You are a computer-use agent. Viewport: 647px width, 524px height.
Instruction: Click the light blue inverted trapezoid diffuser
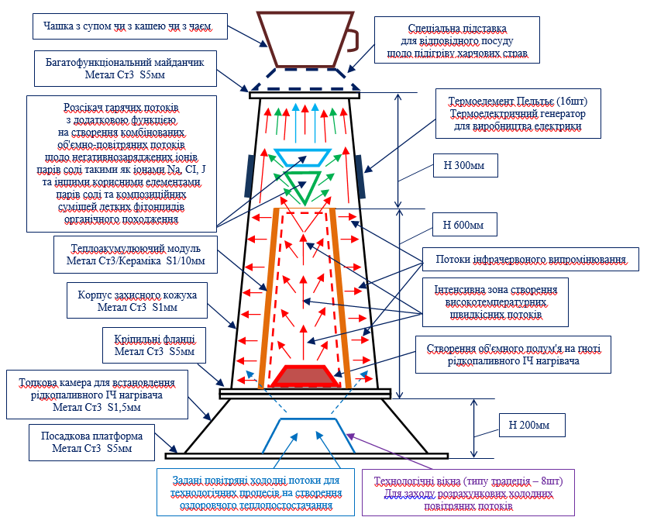304,157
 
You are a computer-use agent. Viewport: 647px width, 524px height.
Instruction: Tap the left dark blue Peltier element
250,175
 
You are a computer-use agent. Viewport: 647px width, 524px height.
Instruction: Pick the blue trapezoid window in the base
303,434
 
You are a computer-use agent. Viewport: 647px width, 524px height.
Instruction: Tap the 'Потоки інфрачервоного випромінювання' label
530,259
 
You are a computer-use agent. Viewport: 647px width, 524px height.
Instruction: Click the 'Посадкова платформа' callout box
86,442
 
